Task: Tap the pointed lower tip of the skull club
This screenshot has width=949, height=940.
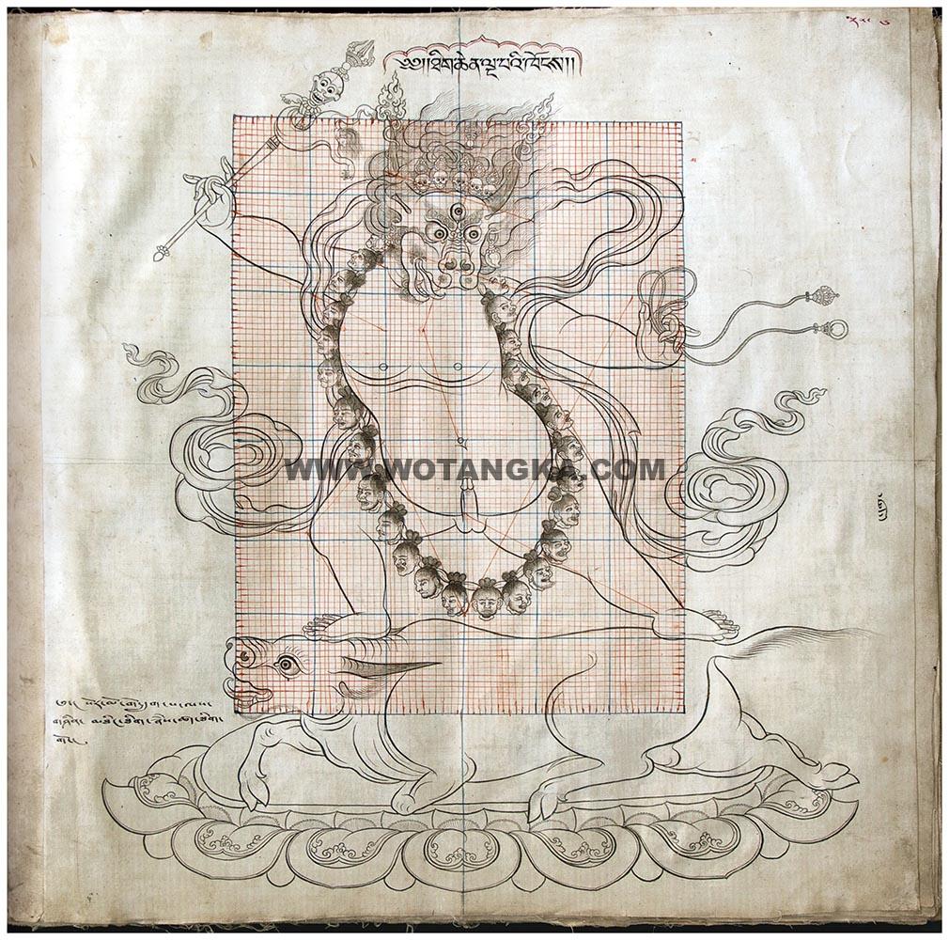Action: [x=161, y=254]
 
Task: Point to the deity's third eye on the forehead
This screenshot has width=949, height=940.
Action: [x=456, y=213]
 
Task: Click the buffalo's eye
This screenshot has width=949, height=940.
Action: [x=287, y=666]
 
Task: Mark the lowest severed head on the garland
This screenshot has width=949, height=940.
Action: [x=486, y=598]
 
